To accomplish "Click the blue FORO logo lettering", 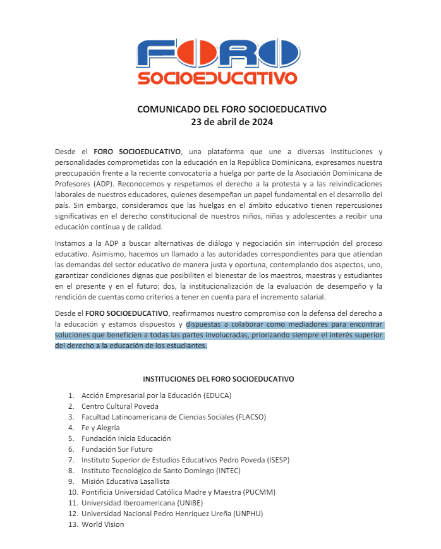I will [217, 54].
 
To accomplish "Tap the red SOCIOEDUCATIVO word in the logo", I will [217, 78].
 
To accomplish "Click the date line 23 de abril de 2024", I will [232, 122].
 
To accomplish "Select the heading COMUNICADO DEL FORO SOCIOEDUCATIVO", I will [232, 109].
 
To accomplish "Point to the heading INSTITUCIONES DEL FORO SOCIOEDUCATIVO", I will [219, 379].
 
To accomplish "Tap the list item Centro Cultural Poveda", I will [120, 406].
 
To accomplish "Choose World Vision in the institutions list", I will [103, 524].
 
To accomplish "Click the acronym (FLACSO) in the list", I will [250, 417].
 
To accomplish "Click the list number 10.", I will [72, 492].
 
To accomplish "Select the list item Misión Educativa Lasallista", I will [126, 481].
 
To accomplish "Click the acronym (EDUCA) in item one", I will [217, 395].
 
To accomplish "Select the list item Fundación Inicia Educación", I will [126, 438].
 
